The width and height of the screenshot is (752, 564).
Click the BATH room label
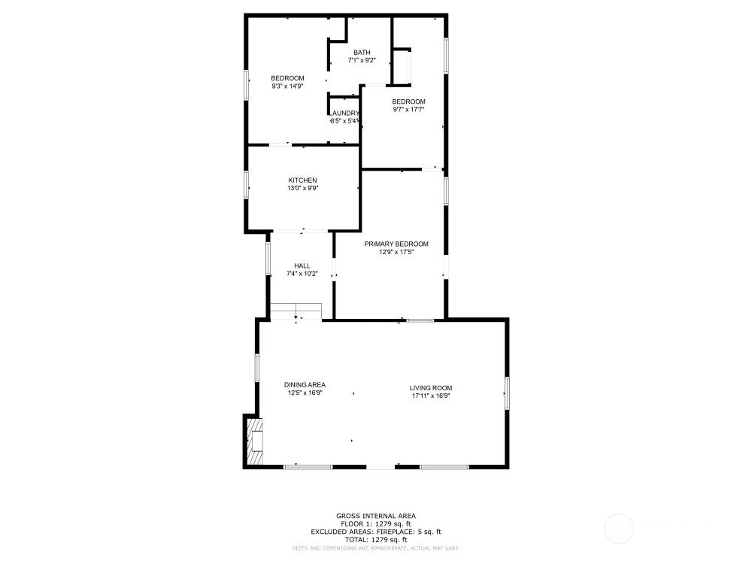[362, 53]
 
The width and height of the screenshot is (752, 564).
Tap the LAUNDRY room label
[345, 114]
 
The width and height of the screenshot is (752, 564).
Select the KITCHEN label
[302, 180]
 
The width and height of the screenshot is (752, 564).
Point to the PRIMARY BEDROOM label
[396, 244]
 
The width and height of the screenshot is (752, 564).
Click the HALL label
[302, 265]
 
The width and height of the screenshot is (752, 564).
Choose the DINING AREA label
[305, 385]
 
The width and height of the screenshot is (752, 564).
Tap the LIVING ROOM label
[431, 388]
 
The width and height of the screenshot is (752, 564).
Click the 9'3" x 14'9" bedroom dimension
[287, 86]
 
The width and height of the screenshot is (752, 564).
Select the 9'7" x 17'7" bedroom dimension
[408, 110]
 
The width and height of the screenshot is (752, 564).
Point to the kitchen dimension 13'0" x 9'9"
[302, 189]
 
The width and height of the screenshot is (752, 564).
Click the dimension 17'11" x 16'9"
[431, 396]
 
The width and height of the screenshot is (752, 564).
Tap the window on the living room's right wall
[507, 393]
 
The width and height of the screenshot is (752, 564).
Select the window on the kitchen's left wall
[246, 184]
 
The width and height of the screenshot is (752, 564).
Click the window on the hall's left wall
[268, 257]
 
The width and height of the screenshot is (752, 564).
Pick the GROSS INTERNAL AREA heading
[375, 516]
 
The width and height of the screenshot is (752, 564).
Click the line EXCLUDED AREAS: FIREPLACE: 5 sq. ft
[375, 532]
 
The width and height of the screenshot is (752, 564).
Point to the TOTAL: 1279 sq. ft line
[375, 540]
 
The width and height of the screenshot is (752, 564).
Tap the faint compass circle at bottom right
[619, 527]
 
